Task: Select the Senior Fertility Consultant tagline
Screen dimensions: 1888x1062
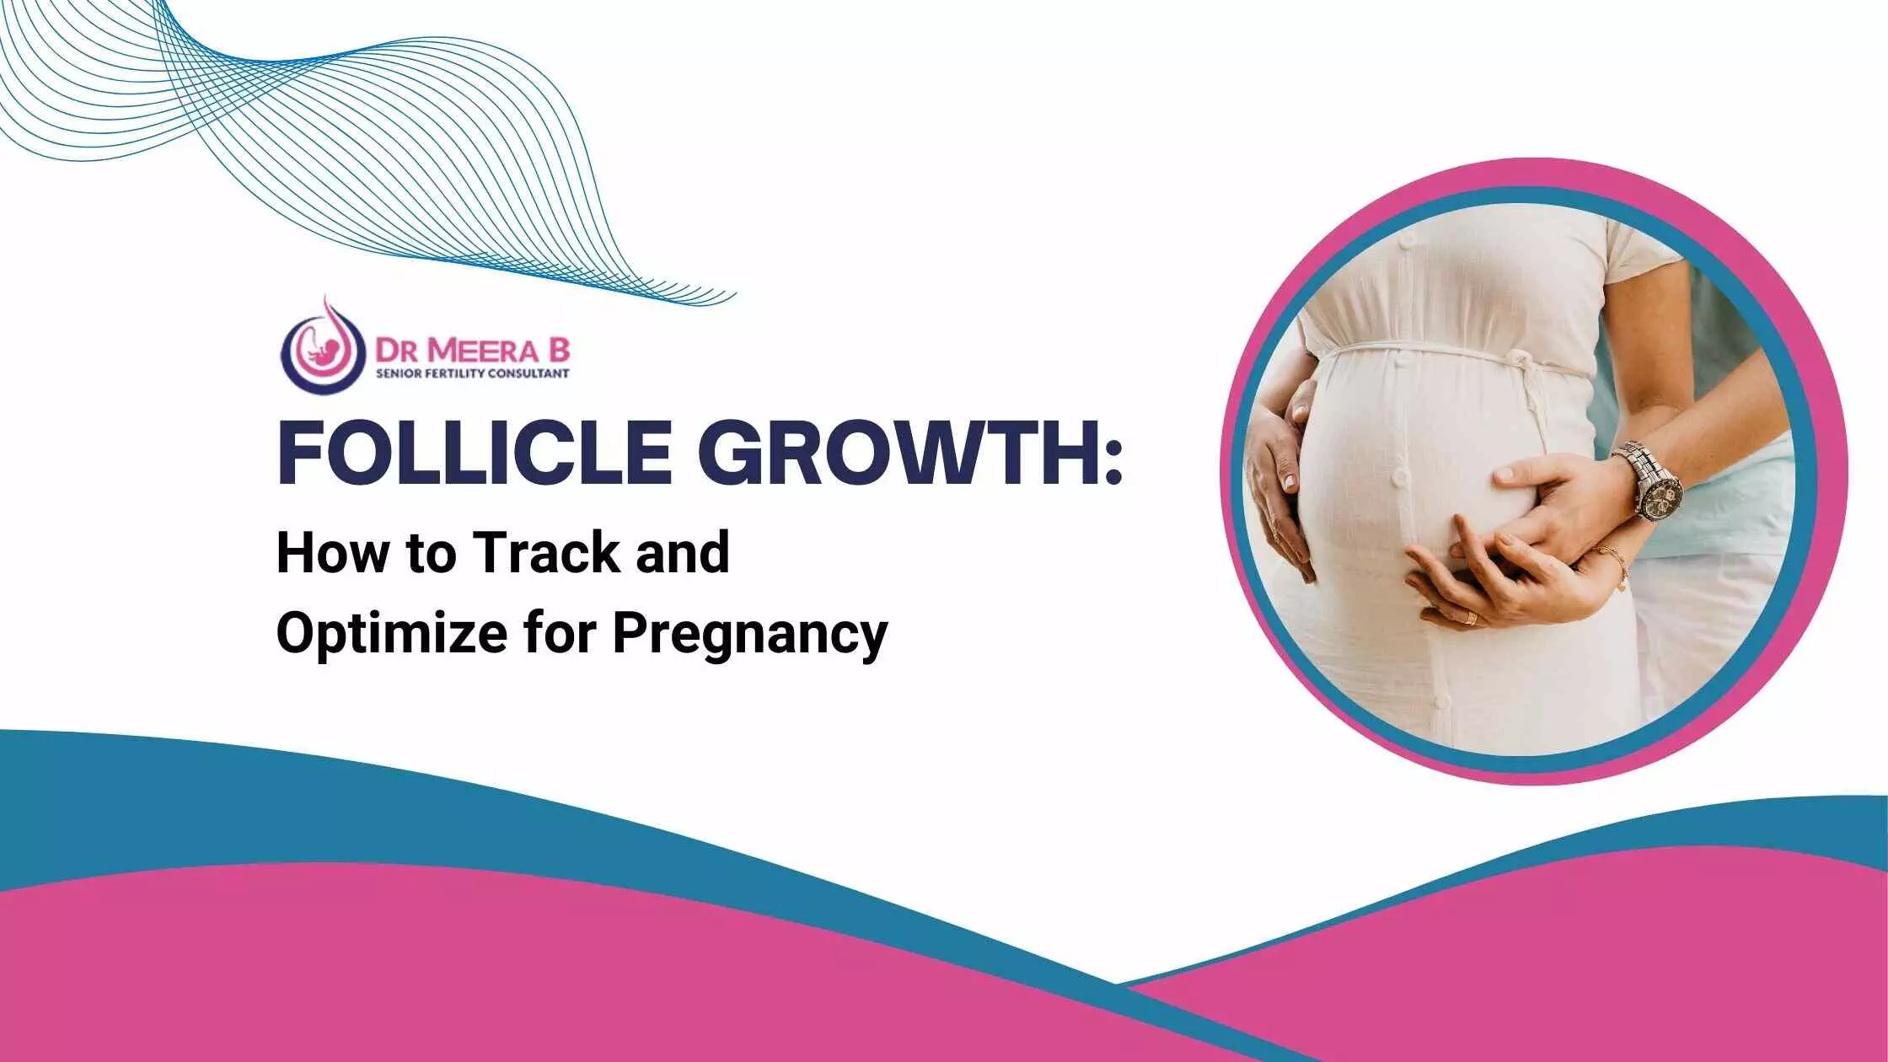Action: coord(472,373)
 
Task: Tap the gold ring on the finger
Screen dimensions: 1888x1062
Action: coord(1470,618)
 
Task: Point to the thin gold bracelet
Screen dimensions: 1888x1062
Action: coord(1613,566)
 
